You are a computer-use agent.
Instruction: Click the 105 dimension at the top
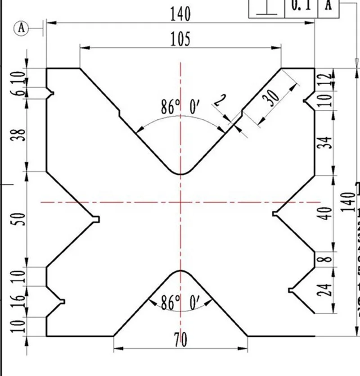(180, 40)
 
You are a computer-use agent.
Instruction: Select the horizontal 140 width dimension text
(180, 14)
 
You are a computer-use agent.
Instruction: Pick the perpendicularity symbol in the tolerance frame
(267, 6)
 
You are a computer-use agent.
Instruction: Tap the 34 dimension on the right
(328, 143)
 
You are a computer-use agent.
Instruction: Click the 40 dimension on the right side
(328, 213)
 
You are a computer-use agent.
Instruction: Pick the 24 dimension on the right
(328, 290)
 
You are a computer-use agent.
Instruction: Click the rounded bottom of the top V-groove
(180, 173)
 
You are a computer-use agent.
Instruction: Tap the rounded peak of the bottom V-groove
(180, 271)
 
